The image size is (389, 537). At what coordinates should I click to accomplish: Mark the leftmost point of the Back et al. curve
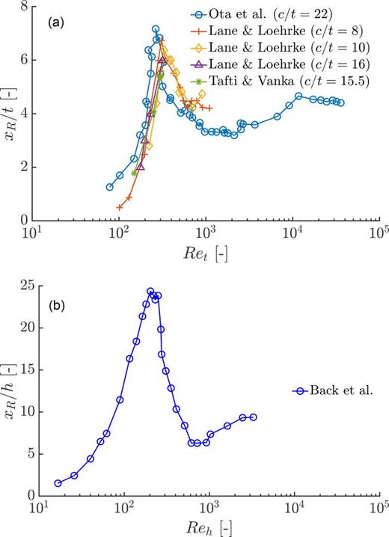click(58, 483)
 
